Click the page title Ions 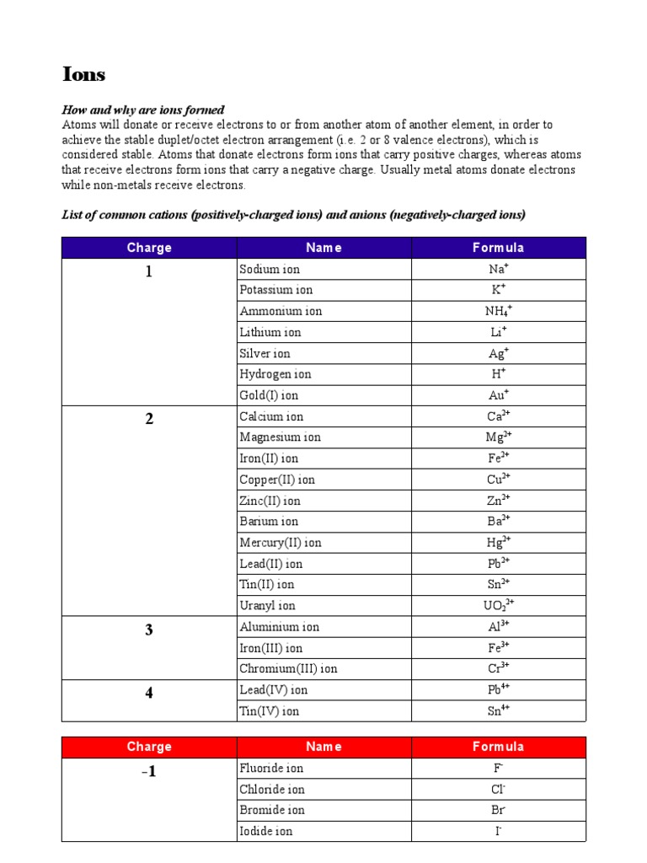tap(84, 74)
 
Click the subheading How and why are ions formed tap(143, 110)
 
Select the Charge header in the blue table tap(149, 248)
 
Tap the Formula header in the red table tap(498, 747)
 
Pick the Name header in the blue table tap(323, 248)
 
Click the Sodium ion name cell tap(270, 270)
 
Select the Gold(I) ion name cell tap(269, 395)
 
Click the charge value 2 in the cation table tap(149, 419)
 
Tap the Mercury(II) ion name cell tap(281, 543)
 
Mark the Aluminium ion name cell tap(280, 627)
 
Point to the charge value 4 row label tap(149, 693)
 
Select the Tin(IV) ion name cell tap(269, 711)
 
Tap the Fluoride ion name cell tap(271, 769)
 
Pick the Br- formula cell tap(498, 811)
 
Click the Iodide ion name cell tap(266, 832)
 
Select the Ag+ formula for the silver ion tap(498, 354)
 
